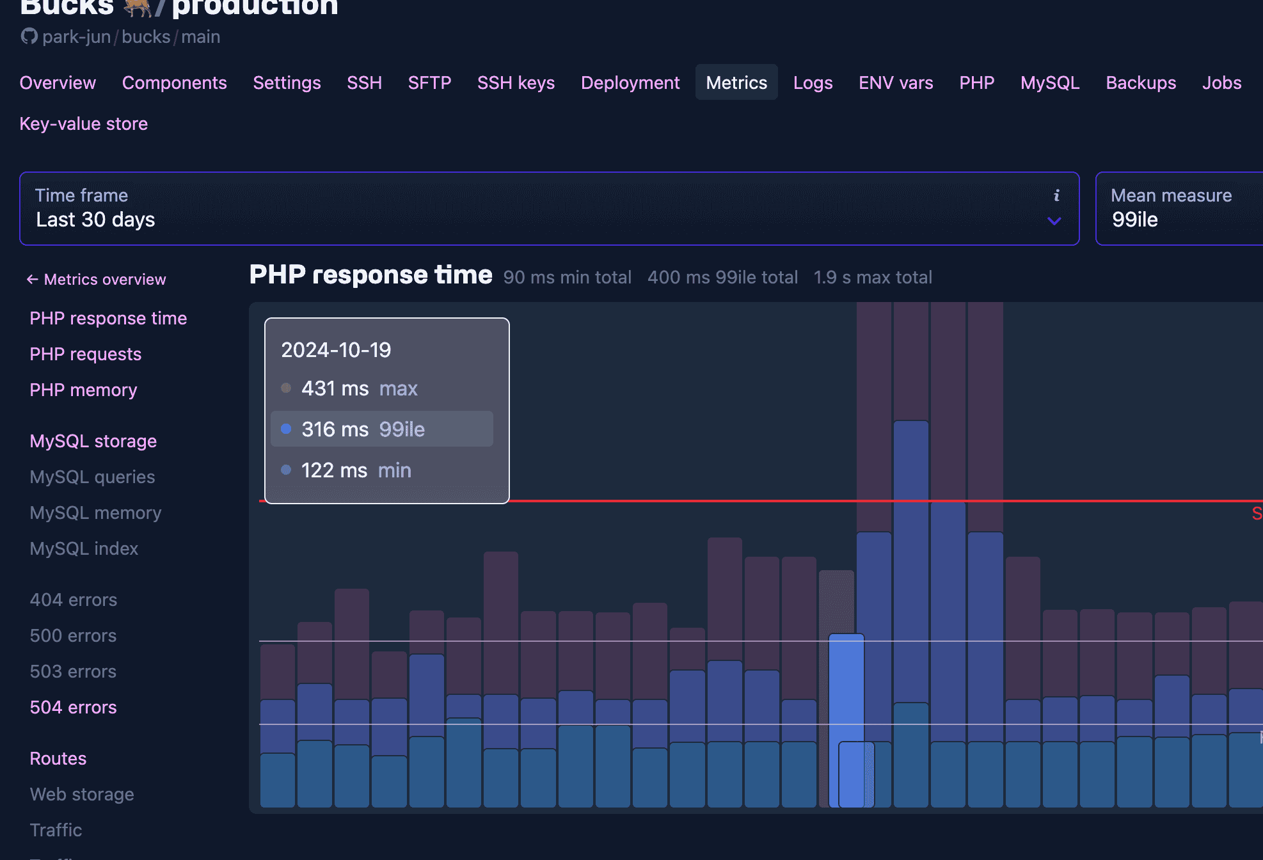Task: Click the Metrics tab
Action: [736, 83]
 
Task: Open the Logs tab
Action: [813, 83]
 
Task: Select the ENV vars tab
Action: [895, 83]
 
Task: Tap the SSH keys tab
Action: [516, 83]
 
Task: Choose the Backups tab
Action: [1140, 83]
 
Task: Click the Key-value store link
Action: [84, 123]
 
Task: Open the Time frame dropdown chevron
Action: [1054, 221]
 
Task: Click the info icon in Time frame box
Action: [1056, 195]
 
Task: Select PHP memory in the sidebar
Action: [83, 390]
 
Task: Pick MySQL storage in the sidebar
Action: [93, 441]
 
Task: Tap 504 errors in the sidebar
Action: [73, 707]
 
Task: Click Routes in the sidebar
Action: [58, 758]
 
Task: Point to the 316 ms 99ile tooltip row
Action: [382, 429]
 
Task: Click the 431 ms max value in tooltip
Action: [335, 388]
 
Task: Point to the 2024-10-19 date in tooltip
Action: [336, 350]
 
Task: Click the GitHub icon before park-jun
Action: [29, 36]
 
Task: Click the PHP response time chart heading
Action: [370, 275]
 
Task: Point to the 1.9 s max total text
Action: [872, 277]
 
